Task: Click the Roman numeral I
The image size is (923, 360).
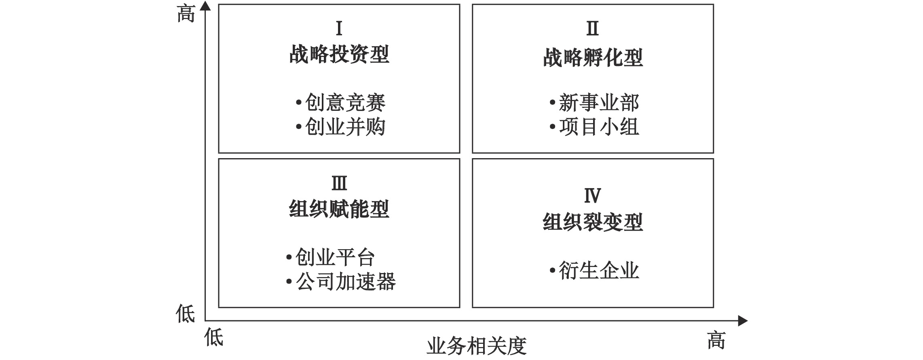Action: (339, 28)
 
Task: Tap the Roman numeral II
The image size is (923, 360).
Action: (593, 28)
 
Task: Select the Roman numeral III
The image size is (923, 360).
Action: (339, 184)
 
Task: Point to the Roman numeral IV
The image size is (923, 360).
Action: (593, 196)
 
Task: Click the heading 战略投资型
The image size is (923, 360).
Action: (339, 54)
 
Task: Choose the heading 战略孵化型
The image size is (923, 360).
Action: (593, 57)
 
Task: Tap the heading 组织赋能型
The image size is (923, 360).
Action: (339, 209)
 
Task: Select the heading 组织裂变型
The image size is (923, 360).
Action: (593, 222)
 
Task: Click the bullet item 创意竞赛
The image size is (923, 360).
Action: (341, 103)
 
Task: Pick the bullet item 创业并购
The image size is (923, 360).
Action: (341, 127)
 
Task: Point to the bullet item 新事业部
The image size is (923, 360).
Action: (594, 103)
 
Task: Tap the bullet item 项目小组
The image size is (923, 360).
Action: (594, 127)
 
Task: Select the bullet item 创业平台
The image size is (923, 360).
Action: (331, 257)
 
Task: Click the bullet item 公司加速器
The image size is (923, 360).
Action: (341, 282)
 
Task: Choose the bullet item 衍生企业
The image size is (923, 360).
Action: (594, 271)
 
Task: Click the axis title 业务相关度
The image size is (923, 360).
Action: (477, 346)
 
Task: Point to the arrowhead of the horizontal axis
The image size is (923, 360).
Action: (743, 321)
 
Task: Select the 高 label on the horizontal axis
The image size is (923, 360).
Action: (716, 340)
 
